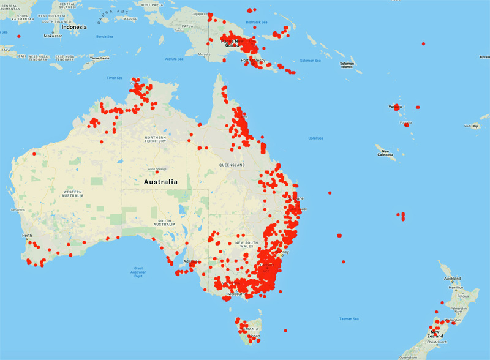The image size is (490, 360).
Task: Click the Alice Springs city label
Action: [x=157, y=169]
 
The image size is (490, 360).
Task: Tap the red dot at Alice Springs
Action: [x=157, y=173]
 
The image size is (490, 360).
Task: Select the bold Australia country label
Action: [x=160, y=182]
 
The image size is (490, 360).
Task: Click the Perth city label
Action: [x=28, y=235]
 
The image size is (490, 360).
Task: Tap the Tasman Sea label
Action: [x=349, y=319]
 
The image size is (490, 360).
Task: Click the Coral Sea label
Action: [x=316, y=138]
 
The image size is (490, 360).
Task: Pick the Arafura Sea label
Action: [x=174, y=59]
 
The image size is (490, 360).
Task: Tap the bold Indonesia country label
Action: [x=74, y=27]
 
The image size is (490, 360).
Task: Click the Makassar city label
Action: [x=53, y=36]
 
